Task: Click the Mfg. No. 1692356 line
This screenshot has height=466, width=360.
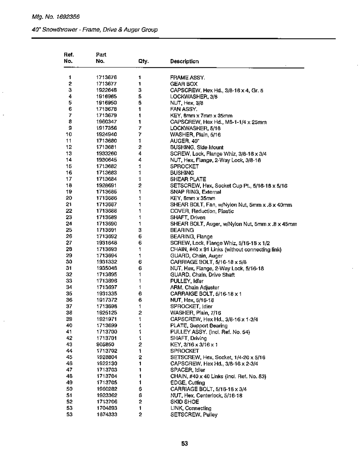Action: tap(56, 17)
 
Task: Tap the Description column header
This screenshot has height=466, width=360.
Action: tap(184, 61)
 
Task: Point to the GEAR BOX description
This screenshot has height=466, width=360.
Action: tap(184, 84)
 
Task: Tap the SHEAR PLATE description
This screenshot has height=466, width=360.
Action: tap(188, 179)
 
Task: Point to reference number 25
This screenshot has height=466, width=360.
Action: tap(69, 230)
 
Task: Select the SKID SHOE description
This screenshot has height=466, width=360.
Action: tap(184, 402)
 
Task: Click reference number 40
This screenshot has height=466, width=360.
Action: tap(69, 325)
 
